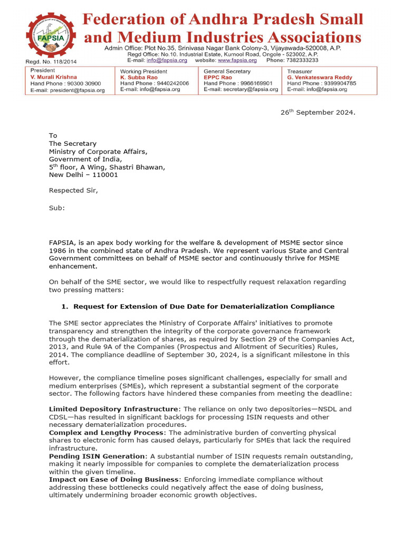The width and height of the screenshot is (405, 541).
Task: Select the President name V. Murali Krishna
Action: (54, 77)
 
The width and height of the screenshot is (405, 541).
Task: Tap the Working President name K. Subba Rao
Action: (139, 77)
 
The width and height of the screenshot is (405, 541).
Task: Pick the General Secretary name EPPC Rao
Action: (218, 77)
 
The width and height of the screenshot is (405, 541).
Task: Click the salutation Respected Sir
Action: (73, 191)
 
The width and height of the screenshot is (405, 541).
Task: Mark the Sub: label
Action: (57, 208)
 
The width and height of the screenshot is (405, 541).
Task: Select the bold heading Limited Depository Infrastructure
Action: (113, 409)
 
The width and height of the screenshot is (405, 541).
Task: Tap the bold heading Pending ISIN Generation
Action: (97, 455)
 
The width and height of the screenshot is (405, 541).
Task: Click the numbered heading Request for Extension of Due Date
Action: (204, 306)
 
